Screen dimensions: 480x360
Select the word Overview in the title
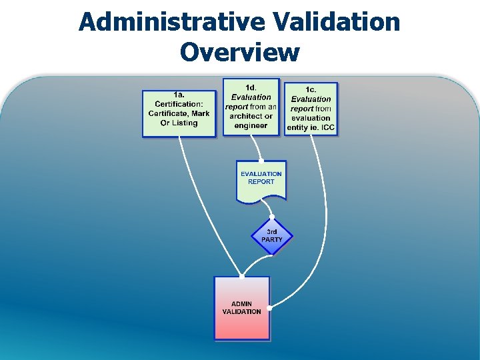(239, 51)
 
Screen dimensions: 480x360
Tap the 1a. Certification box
(179, 113)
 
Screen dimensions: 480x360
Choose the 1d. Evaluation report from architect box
(251, 107)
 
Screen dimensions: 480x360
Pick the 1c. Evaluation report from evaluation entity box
(311, 109)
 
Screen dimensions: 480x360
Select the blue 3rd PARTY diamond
(271, 235)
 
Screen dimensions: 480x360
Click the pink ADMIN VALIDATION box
(242, 308)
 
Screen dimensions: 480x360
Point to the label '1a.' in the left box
(179, 94)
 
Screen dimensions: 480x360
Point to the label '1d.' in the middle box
(251, 87)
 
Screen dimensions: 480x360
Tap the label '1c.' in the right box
(311, 89)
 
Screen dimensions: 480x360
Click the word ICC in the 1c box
(328, 127)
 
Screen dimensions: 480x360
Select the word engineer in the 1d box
(251, 125)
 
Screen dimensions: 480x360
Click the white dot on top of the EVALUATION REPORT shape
(261, 161)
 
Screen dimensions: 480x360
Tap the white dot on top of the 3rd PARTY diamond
(271, 217)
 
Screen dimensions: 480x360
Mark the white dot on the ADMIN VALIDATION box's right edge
(269, 308)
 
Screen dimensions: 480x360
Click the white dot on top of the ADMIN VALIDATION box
(242, 275)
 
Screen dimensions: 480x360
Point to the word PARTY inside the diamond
(272, 239)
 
